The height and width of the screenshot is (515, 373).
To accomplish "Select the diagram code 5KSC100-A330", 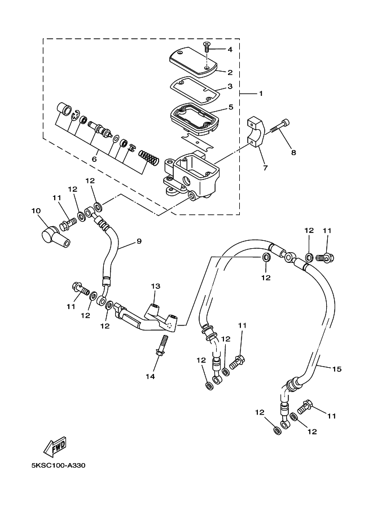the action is click(x=59, y=465).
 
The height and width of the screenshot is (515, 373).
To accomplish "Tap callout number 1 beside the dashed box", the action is click(x=261, y=94).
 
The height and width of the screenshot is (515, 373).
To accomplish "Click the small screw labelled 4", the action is click(x=207, y=47).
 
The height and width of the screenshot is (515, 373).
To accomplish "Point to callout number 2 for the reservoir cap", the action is click(x=230, y=72).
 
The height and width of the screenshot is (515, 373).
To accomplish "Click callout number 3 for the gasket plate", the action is click(x=230, y=86).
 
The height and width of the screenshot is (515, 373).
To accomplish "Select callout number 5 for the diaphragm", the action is click(x=231, y=107).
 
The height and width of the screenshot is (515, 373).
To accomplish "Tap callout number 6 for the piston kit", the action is click(x=94, y=159).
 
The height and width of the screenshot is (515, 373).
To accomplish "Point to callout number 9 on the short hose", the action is click(x=139, y=241).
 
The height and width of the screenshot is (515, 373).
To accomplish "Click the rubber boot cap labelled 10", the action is click(x=54, y=235).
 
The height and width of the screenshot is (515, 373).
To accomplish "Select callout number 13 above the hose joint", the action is click(x=155, y=286).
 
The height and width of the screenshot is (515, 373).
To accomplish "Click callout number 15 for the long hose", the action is click(x=337, y=369).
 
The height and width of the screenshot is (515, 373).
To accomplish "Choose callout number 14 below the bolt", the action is click(x=150, y=376).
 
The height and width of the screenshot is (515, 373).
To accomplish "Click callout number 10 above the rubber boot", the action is click(x=36, y=210).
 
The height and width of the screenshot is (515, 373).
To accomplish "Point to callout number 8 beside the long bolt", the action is click(x=293, y=152).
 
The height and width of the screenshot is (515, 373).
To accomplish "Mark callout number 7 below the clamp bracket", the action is click(x=265, y=168).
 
